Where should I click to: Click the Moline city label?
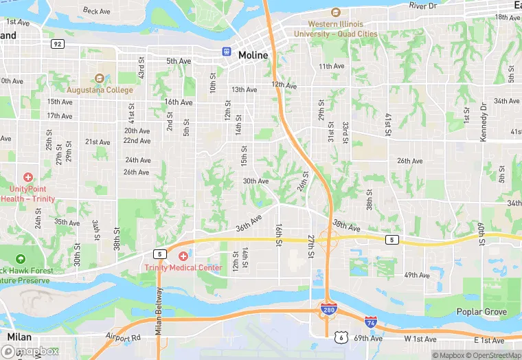click(x=253, y=54)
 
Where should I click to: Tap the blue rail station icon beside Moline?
click(x=226, y=52)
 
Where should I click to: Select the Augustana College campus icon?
click(x=100, y=78)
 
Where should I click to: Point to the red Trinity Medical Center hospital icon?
click(x=183, y=256)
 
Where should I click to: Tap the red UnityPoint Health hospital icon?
click(x=28, y=177)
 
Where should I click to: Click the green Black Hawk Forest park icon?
click(x=20, y=258)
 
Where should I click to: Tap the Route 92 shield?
click(x=57, y=43)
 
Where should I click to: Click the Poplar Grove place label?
click(x=482, y=312)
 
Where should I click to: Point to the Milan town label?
click(x=20, y=337)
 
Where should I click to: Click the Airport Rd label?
click(x=124, y=337)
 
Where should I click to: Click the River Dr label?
click(x=423, y=5)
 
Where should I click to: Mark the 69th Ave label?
click(x=369, y=338)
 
